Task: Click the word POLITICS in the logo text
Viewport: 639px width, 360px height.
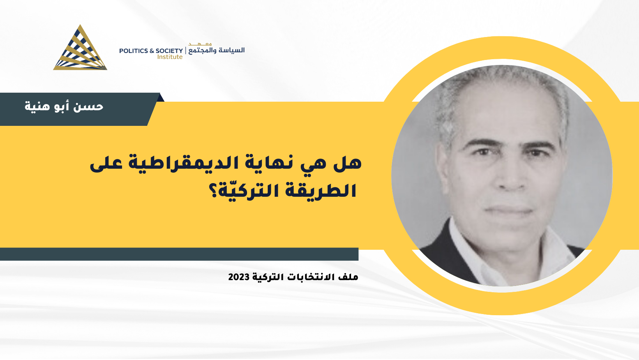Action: click(x=134, y=51)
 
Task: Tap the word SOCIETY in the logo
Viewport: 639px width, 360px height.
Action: click(x=169, y=51)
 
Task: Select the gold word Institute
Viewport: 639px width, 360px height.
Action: click(x=170, y=57)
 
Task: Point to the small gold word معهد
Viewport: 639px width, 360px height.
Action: click(x=200, y=44)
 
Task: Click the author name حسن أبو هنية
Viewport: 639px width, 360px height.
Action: click(x=64, y=107)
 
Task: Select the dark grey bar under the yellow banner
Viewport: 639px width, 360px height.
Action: click(x=179, y=254)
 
